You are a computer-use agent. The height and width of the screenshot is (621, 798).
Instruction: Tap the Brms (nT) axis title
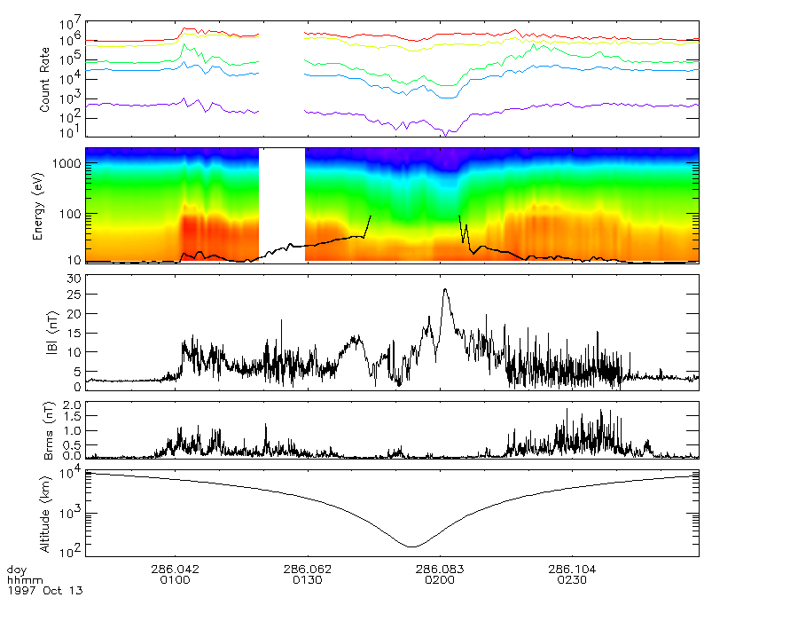pos(51,429)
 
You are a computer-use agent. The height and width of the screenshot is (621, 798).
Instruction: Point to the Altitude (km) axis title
pos(51,513)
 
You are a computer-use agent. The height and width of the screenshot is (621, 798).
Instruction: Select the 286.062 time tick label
pos(307,570)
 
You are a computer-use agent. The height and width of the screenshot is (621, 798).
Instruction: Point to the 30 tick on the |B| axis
pos(74,279)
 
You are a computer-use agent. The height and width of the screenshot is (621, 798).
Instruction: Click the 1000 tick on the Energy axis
pos(71,164)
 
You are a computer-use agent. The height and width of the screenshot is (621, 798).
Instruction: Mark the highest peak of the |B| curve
pos(445,288)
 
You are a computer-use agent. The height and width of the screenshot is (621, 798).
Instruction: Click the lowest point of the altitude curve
pos(411,546)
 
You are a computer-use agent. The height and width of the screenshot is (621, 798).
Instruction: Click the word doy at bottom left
pos(16,570)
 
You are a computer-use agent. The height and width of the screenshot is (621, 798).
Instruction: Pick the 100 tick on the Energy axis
pos(74,214)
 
